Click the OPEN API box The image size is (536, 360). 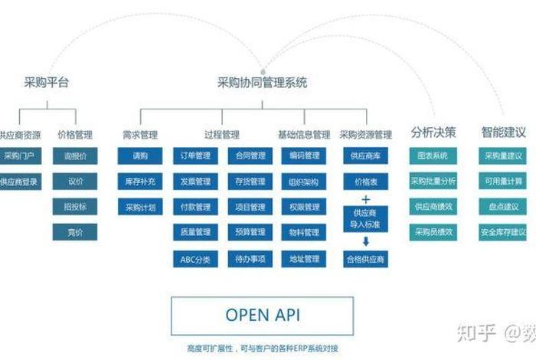[x=262, y=315]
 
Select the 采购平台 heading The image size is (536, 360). [x=45, y=82]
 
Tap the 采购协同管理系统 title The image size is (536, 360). [x=263, y=82]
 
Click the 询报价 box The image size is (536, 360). [x=75, y=156]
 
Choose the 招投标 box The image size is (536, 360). [x=75, y=207]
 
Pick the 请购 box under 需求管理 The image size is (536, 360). [x=140, y=156]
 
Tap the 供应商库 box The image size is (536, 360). [x=365, y=156]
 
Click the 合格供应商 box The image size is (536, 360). [x=365, y=259]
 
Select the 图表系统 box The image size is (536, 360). [x=433, y=156]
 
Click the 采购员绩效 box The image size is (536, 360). [x=433, y=231]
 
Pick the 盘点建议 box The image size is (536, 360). [x=503, y=207]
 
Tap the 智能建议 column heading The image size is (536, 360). [x=503, y=132]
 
